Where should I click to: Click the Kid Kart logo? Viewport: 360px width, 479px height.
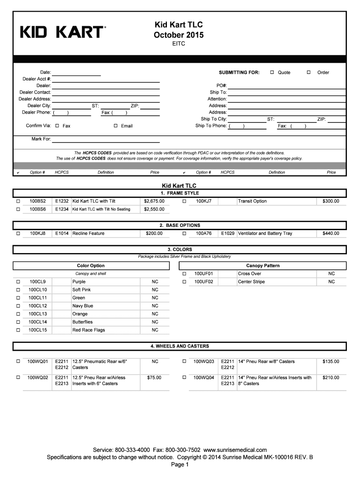63,32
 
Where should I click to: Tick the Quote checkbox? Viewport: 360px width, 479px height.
272,73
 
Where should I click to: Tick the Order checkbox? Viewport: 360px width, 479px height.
308,73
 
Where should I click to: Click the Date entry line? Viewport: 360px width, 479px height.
76,73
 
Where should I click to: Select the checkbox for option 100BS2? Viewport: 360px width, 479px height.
18,201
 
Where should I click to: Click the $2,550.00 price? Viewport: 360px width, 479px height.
154,209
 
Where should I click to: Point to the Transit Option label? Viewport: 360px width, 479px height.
252,201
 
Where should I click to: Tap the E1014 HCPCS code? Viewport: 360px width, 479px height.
62,233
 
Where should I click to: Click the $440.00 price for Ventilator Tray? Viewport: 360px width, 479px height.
331,233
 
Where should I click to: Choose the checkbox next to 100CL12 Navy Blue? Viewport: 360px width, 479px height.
18,306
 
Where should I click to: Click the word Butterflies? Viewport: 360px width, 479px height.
82,322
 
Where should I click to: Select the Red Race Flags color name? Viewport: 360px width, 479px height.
88,330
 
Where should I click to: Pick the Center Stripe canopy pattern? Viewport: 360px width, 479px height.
251,282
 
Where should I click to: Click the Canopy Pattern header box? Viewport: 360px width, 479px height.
263,266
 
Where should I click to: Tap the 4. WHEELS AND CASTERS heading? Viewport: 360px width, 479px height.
180,346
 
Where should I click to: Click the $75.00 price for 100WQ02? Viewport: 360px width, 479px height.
154,377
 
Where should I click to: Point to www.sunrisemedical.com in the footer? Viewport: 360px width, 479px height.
236,450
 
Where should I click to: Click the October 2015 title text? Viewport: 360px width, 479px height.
179,35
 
